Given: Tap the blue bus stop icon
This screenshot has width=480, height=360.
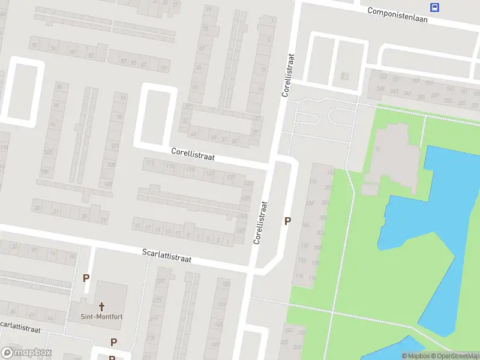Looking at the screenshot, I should pyautogui.click(x=434, y=7).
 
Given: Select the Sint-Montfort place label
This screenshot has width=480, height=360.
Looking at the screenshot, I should pyautogui.click(x=101, y=316).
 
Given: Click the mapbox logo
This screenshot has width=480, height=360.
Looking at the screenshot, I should pyautogui.click(x=26, y=353).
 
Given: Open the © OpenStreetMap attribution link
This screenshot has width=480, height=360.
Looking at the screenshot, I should pyautogui.click(x=454, y=356).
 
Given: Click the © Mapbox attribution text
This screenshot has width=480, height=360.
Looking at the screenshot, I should pyautogui.click(x=415, y=356).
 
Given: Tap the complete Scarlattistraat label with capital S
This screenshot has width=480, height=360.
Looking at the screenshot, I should pyautogui.click(x=167, y=256).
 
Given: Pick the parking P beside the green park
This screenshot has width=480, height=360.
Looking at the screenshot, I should pyautogui.click(x=287, y=221).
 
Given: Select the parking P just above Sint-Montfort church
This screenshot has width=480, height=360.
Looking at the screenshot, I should pyautogui.click(x=86, y=278).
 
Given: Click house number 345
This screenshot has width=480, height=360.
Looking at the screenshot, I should pyautogui.click(x=380, y=89).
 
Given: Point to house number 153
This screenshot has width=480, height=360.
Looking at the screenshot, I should pyautogui.click(x=379, y=78).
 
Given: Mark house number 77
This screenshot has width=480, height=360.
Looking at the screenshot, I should pyautogui.click(x=208, y=10).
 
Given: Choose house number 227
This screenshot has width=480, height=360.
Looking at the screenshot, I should pyautogui.click(x=160, y=281).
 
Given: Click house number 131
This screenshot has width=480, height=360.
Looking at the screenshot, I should pyautogui.click(x=247, y=184).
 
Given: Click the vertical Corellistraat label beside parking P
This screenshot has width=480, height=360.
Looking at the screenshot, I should pyautogui.click(x=260, y=222).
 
